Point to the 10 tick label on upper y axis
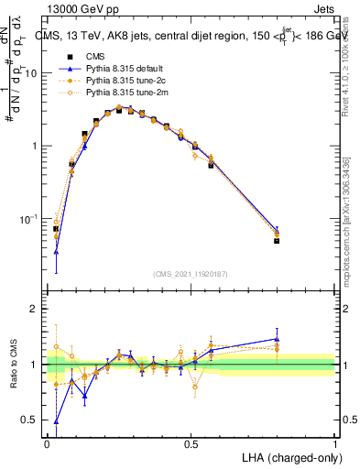31,73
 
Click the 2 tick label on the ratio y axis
35,309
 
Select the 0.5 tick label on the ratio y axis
30,420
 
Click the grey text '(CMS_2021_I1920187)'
191,274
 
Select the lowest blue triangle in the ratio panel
57,422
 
